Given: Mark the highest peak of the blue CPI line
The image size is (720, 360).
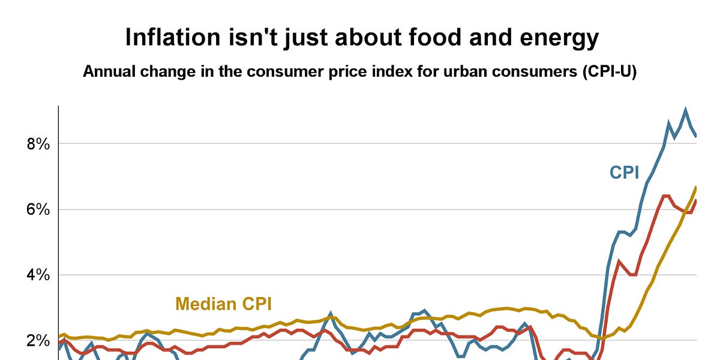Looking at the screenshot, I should [685, 110].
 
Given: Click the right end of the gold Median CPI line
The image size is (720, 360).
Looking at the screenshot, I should [696, 187].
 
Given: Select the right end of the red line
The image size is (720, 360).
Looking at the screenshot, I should [696, 200].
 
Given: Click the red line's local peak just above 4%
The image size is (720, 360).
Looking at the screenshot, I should [619, 260].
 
